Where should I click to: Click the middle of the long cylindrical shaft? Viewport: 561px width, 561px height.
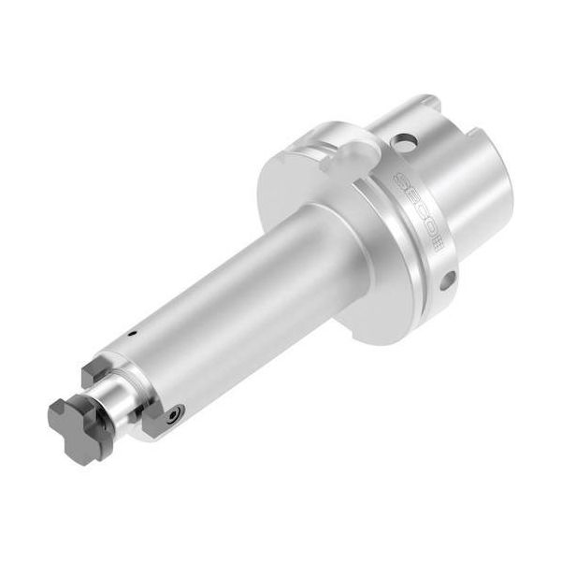234,290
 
